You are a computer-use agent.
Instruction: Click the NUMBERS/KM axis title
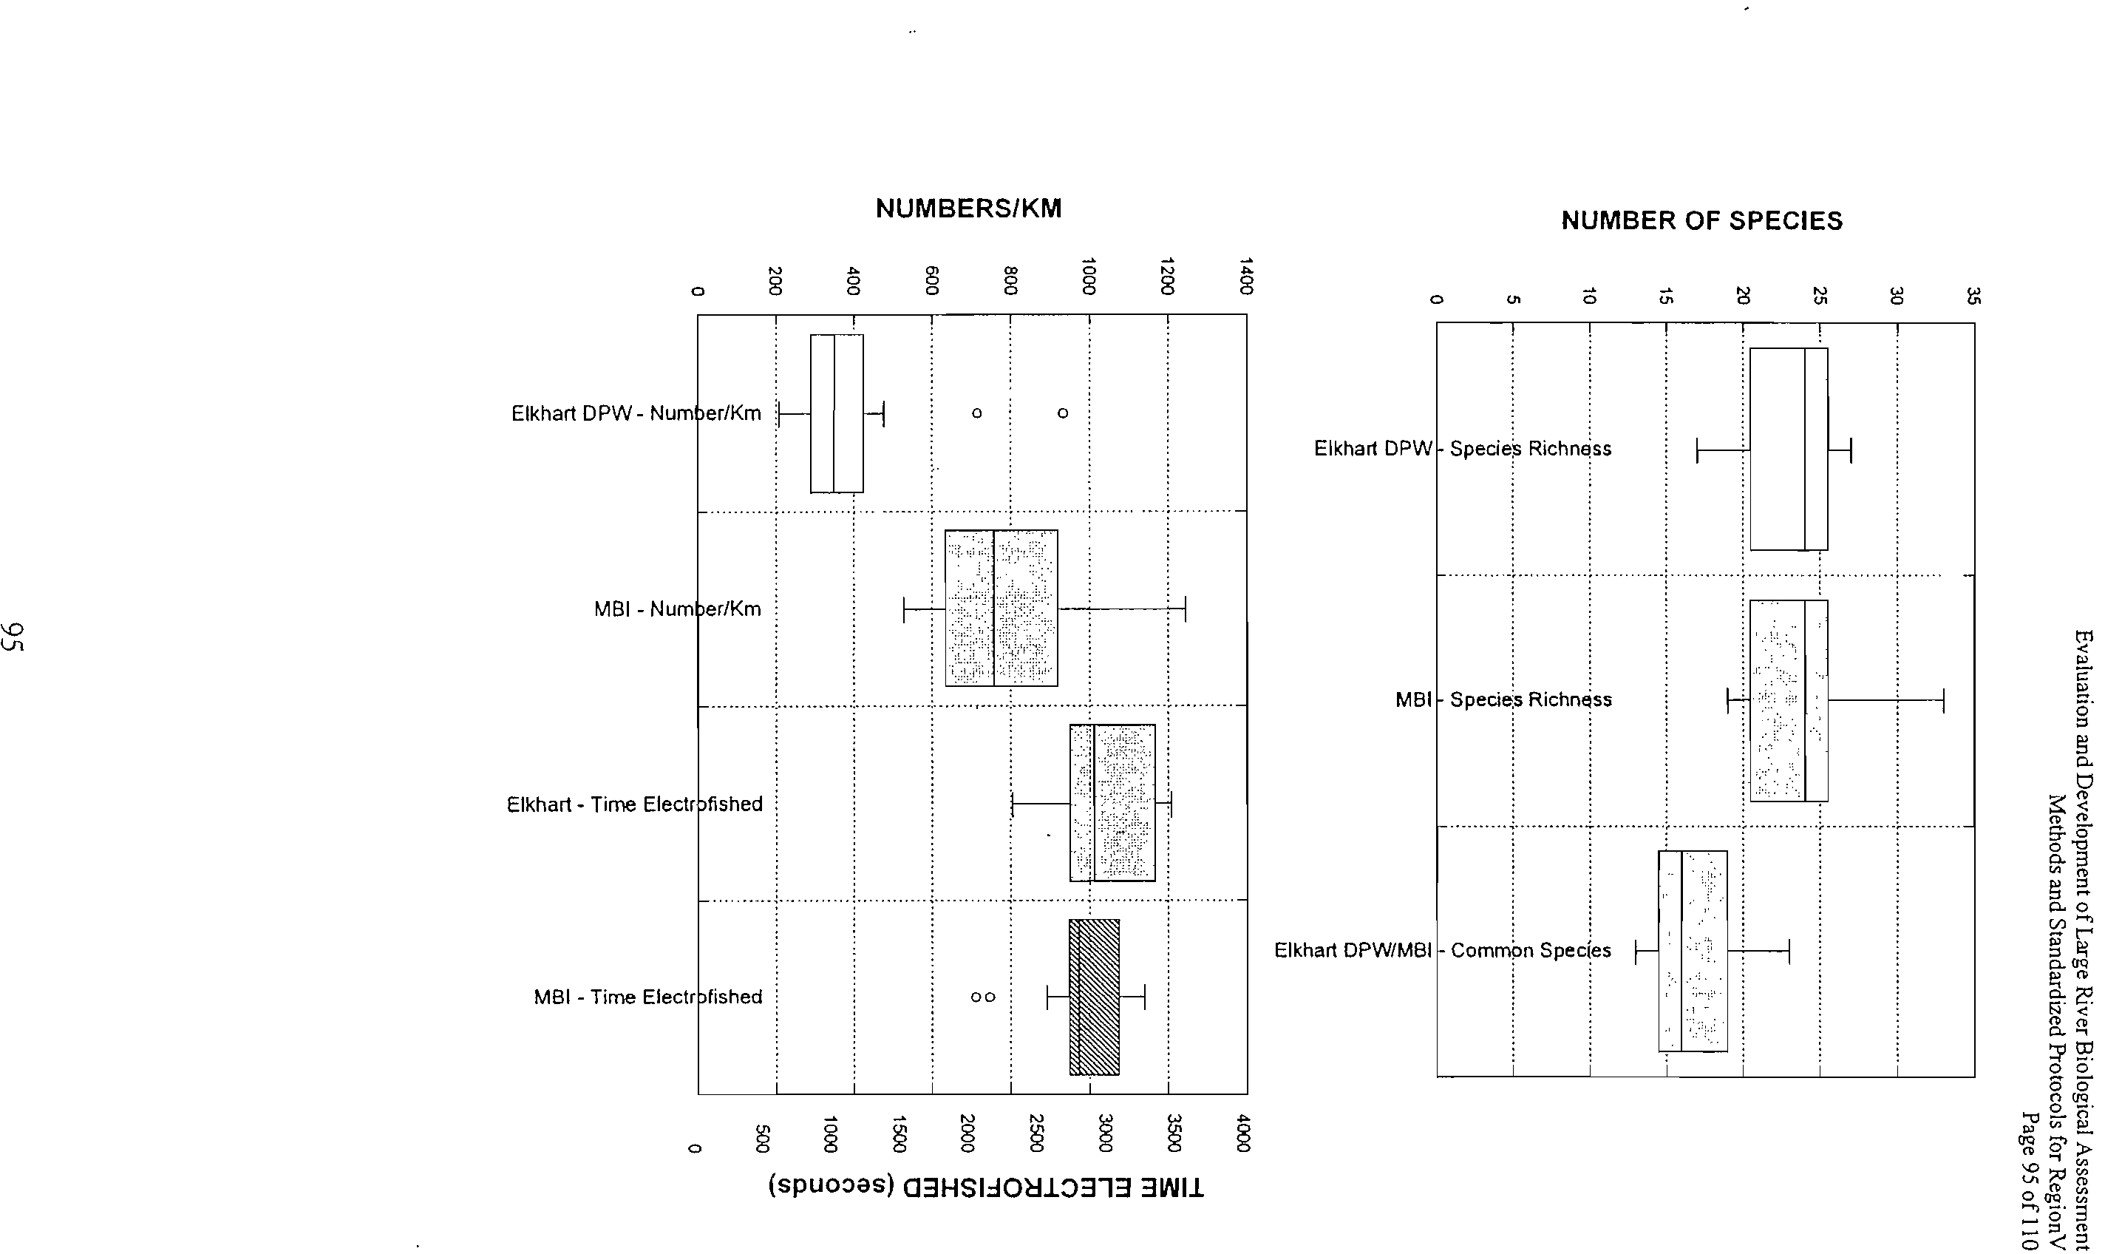pyautogui.click(x=969, y=209)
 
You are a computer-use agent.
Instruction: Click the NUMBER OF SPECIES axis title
pyautogui.click(x=1701, y=220)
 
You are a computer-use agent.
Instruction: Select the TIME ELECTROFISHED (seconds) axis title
pyautogui.click(x=986, y=1187)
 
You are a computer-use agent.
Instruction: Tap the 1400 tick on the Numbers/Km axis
pyautogui.click(x=1246, y=277)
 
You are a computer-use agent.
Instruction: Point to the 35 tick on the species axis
pyautogui.click(x=1973, y=296)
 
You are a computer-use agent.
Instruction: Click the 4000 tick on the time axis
pyautogui.click(x=1242, y=1133)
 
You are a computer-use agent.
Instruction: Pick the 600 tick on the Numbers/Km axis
pyautogui.click(x=932, y=280)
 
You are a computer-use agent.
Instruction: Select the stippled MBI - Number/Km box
pyautogui.click(x=1001, y=608)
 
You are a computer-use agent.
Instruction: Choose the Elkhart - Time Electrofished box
pyautogui.click(x=1112, y=803)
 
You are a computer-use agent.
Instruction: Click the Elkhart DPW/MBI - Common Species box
pyautogui.click(x=1693, y=951)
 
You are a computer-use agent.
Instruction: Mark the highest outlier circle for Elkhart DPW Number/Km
pyautogui.click(x=1063, y=413)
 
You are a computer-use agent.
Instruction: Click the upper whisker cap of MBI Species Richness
pyautogui.click(x=1944, y=700)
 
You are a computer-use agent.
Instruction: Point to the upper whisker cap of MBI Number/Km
pyautogui.click(x=1185, y=609)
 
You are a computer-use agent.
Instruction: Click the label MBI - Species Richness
pyautogui.click(x=1503, y=699)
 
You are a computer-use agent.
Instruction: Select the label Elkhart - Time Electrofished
pyautogui.click(x=634, y=804)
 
